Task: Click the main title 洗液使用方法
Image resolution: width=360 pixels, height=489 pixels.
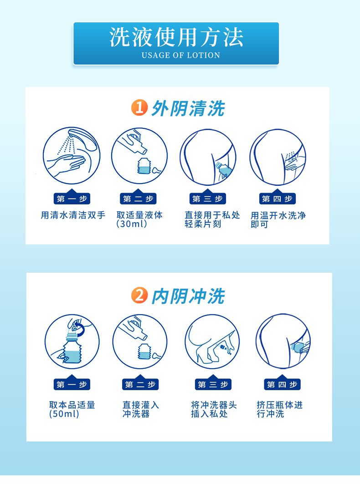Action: [x=176, y=37]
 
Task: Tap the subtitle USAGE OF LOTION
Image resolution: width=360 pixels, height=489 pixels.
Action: [x=181, y=55]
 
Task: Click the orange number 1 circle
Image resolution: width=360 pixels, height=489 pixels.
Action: [x=139, y=107]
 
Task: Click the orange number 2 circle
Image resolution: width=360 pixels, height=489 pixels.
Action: [x=139, y=295]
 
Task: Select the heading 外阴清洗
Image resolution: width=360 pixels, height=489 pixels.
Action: [x=188, y=108]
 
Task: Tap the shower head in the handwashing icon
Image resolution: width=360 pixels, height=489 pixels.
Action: [x=83, y=139]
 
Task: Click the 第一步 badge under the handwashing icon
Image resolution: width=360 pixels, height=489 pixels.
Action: [x=72, y=198]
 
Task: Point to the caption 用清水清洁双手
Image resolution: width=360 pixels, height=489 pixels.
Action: [x=73, y=215]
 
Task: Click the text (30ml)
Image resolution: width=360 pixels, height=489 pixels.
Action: [x=131, y=224]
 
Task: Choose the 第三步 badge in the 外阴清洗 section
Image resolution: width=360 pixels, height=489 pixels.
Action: [x=208, y=198]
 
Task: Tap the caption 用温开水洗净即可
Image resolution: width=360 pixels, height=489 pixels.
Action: [x=278, y=220]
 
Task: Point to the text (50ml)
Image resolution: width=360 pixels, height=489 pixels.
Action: [x=64, y=414]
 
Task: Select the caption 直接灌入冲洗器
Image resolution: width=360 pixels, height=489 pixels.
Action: [x=141, y=409]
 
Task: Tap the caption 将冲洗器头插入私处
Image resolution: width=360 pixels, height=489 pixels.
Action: [x=214, y=409]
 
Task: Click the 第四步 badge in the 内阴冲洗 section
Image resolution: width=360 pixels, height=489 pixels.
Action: [x=282, y=383]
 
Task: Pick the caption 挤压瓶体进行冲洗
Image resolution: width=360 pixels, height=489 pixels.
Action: [x=280, y=409]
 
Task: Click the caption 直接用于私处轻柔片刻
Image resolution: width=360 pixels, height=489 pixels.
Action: [x=212, y=219]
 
